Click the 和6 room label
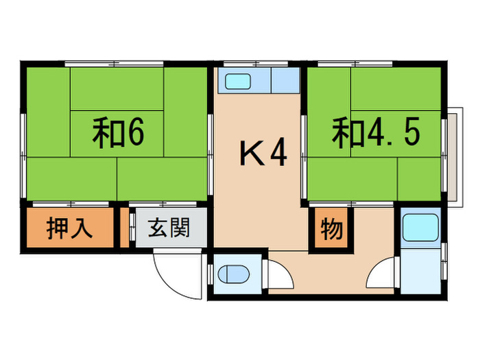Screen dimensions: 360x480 coord(118,134)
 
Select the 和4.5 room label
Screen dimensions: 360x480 coord(376,134)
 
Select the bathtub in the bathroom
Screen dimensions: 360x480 coord(420,228)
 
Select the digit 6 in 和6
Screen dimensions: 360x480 coord(134,134)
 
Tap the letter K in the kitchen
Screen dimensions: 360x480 coord(250,154)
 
